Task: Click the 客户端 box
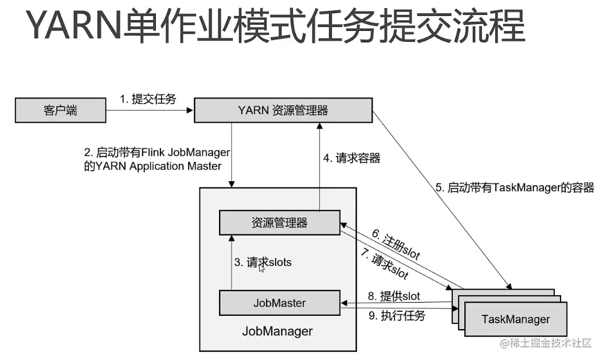(60, 111)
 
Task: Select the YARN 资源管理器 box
(283, 111)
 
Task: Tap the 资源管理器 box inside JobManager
(280, 223)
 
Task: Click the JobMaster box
(280, 303)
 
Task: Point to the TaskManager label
(515, 319)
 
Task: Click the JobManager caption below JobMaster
(277, 331)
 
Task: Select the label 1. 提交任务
(147, 99)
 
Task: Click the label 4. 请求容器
(351, 158)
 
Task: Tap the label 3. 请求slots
(262, 263)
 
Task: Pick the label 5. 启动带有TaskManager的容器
(515, 187)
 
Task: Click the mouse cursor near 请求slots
(262, 268)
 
